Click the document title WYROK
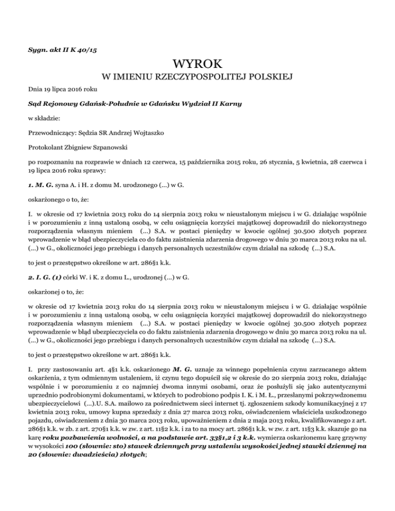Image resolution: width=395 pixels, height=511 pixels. (x=198, y=64)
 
